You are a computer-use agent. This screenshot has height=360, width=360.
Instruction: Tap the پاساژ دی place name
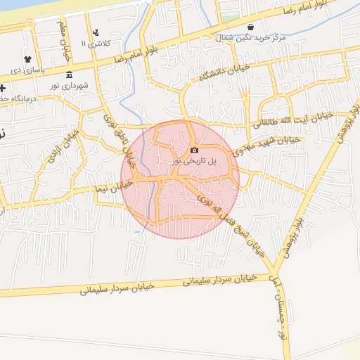[x=27, y=70]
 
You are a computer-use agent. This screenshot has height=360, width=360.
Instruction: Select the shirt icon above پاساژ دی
[x=27, y=58]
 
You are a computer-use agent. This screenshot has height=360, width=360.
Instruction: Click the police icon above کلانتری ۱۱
[x=96, y=32]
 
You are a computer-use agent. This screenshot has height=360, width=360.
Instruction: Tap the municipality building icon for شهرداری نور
[x=68, y=75]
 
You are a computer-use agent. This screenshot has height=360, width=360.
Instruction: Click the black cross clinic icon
[x=3, y=89]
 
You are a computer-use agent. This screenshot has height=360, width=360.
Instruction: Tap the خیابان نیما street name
[x=116, y=186]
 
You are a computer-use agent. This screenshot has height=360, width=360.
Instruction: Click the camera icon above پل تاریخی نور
[x=194, y=150]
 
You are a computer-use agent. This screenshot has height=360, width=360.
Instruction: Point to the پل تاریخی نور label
[x=195, y=161]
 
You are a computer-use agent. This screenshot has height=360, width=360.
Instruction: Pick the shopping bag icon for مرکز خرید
[x=250, y=27]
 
